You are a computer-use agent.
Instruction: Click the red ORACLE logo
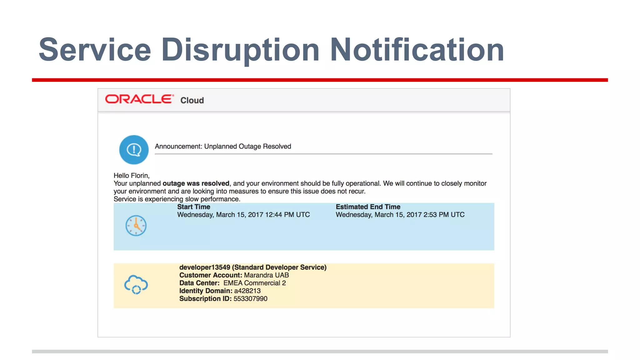tap(139, 99)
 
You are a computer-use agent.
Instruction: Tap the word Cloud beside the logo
tap(192, 100)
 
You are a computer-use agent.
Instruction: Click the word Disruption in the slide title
tap(240, 50)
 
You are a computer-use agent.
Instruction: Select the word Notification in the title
tap(417, 50)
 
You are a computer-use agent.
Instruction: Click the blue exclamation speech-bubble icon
tap(134, 150)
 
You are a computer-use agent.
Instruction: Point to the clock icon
tap(136, 225)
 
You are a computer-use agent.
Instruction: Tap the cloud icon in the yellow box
tap(136, 284)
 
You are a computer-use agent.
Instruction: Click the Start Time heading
tap(193, 207)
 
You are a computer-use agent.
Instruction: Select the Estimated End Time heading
tap(368, 207)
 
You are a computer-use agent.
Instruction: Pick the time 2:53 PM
tap(436, 215)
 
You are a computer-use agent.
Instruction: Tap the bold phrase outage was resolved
tap(196, 183)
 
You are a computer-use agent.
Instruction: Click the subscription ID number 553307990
tap(250, 299)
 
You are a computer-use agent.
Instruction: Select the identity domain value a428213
tap(247, 291)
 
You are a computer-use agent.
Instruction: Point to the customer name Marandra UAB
tap(266, 275)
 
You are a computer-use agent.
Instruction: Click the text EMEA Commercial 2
tap(254, 283)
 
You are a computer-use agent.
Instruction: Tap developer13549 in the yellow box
tap(205, 267)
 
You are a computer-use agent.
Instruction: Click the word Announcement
tap(178, 147)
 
